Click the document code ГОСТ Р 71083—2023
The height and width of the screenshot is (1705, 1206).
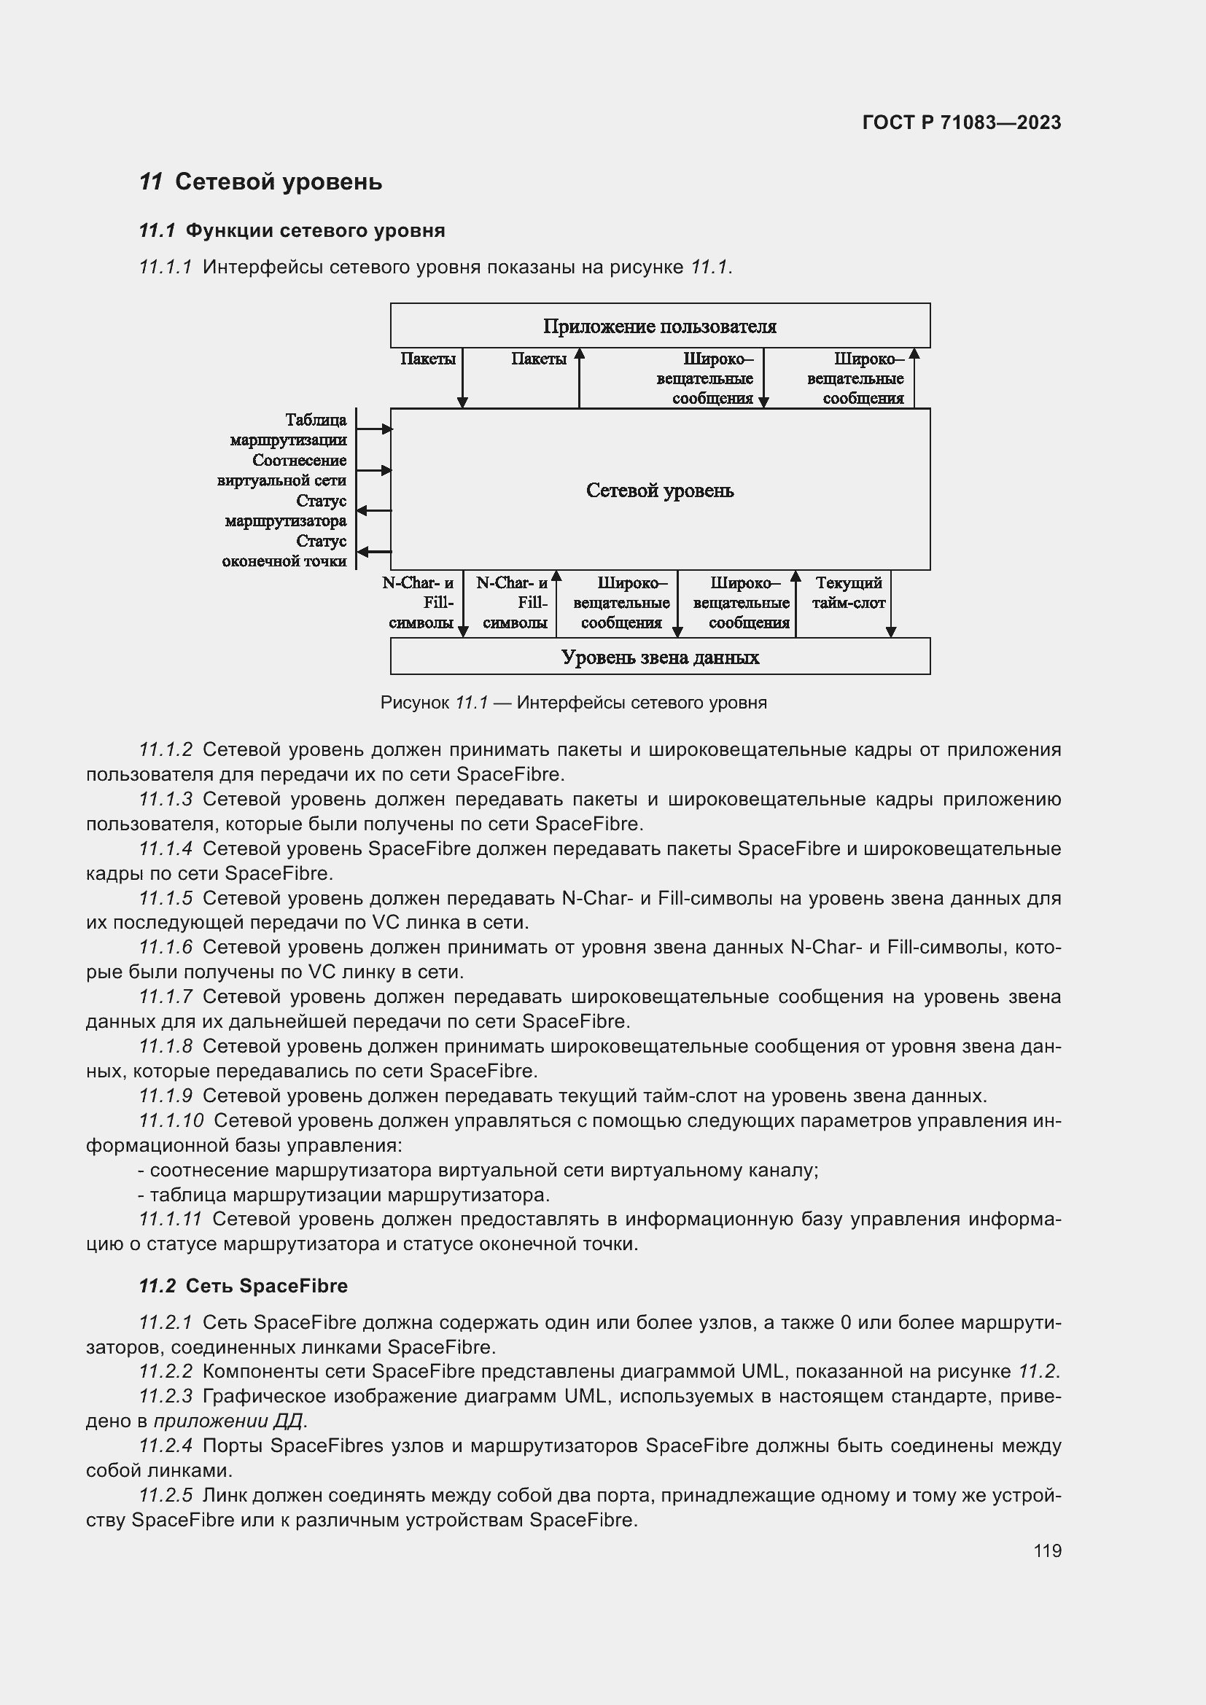pyautogui.click(x=961, y=122)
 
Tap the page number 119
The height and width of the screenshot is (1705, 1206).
pyautogui.click(x=1047, y=1550)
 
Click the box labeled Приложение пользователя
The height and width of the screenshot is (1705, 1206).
pyautogui.click(x=659, y=326)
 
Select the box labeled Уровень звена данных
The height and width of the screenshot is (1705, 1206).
pyautogui.click(x=659, y=658)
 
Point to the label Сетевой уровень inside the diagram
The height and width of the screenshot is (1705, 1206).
pyautogui.click(x=659, y=490)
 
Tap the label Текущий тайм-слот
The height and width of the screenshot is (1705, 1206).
pyautogui.click(x=848, y=593)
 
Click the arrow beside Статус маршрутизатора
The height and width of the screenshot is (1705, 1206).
pyautogui.click(x=373, y=511)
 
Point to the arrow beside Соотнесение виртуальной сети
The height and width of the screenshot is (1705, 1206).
pyautogui.click(x=373, y=470)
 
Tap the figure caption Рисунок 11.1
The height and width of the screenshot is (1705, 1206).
pyautogui.click(x=573, y=703)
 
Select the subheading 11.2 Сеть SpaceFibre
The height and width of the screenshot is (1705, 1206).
pyautogui.click(x=243, y=1286)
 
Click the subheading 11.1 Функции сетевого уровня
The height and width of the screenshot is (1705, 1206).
pyautogui.click(x=292, y=231)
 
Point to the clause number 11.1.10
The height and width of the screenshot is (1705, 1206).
pyautogui.click(x=171, y=1120)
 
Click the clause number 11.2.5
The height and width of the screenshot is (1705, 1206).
pyautogui.click(x=166, y=1495)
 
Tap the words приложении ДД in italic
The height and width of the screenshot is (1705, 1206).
pyautogui.click(x=227, y=1421)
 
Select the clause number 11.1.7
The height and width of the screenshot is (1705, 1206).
pyautogui.click(x=166, y=996)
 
